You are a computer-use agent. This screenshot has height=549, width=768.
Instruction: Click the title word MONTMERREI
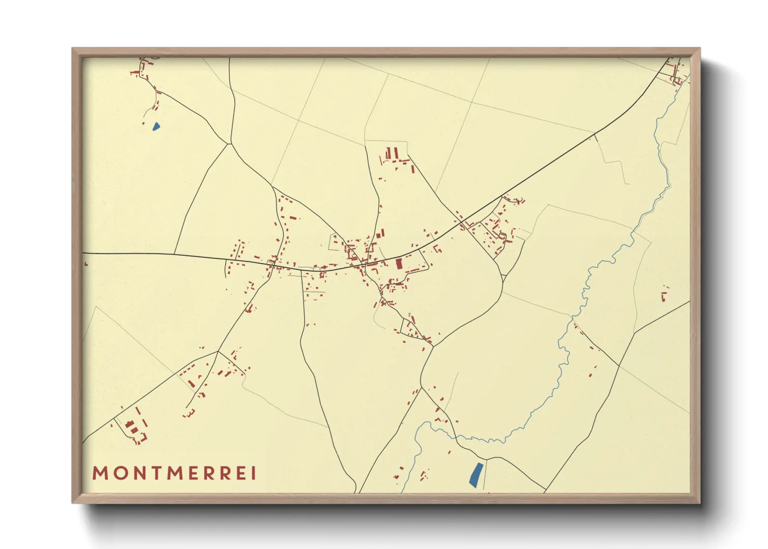point(174,473)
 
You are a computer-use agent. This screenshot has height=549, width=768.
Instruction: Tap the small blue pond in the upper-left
point(156,126)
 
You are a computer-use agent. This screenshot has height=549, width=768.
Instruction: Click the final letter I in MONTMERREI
point(254,473)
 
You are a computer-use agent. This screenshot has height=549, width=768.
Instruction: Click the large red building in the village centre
point(399,264)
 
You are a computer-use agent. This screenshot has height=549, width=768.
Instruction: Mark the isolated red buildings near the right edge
point(664,296)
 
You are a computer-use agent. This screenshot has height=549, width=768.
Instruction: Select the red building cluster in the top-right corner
point(676,73)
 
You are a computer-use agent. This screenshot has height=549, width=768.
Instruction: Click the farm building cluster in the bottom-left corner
point(132,428)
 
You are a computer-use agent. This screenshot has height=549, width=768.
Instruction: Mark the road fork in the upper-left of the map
point(229,143)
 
